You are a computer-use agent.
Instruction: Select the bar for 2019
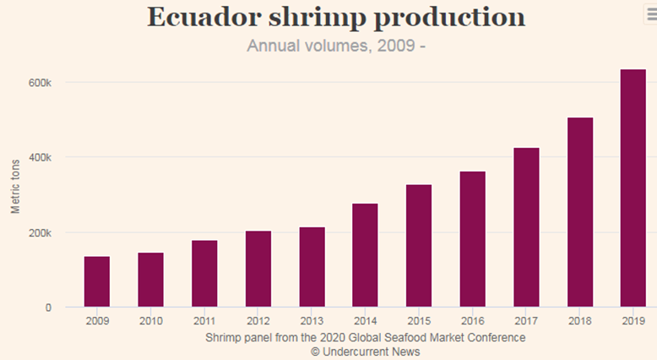pyautogui.click(x=633, y=188)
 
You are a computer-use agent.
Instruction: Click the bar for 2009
pyautogui.click(x=97, y=281)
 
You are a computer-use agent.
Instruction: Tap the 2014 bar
pyautogui.click(x=365, y=255)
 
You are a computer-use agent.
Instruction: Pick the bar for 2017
pyautogui.click(x=526, y=227)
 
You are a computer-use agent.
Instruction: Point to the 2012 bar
pyautogui.click(x=258, y=269)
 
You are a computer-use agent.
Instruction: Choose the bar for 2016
pyautogui.click(x=472, y=239)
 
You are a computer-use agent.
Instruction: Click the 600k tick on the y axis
pyautogui.click(x=41, y=83)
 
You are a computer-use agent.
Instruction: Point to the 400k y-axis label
pyautogui.click(x=41, y=158)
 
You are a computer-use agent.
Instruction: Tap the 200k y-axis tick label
pyautogui.click(x=41, y=233)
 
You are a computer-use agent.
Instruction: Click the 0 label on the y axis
pyautogui.click(x=48, y=308)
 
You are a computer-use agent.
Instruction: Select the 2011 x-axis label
pyautogui.click(x=204, y=322)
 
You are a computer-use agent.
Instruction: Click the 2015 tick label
pyautogui.click(x=419, y=322)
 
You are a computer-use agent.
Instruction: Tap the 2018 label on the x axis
pyautogui.click(x=579, y=322)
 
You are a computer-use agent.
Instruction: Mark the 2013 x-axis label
pyautogui.click(x=312, y=322)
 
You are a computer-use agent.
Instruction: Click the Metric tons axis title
pyautogui.click(x=16, y=184)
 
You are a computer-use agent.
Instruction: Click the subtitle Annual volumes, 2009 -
pyautogui.click(x=335, y=45)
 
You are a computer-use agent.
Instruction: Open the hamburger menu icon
pyautogui.click(x=649, y=12)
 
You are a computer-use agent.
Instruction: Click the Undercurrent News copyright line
pyautogui.click(x=365, y=351)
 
